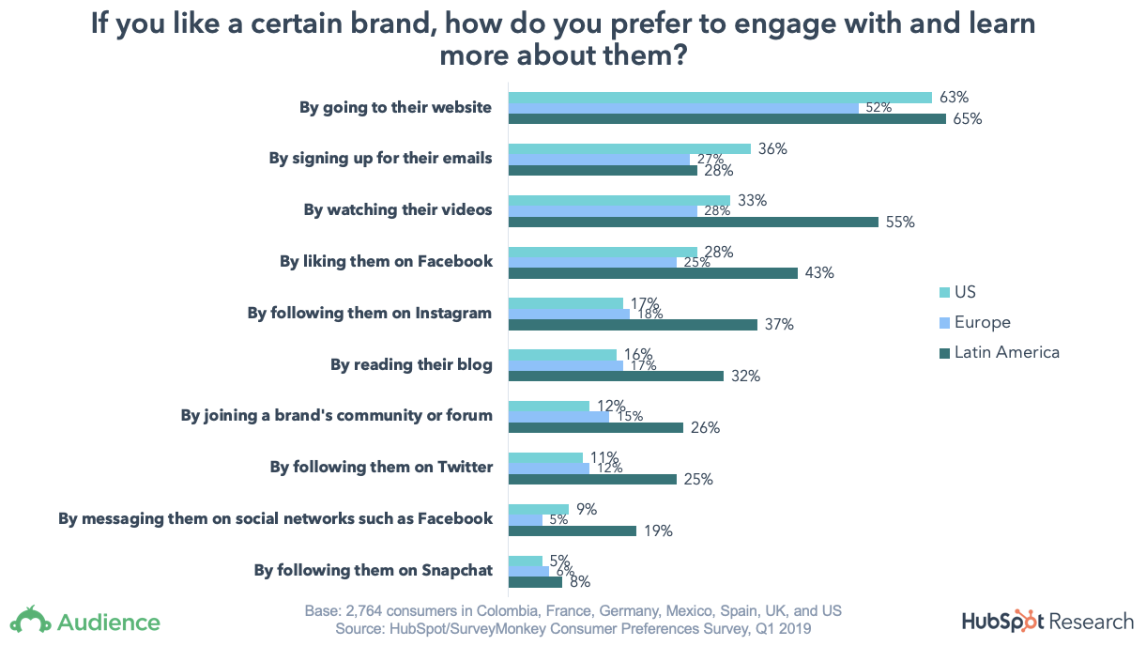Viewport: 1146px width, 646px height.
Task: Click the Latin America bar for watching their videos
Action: [x=694, y=223]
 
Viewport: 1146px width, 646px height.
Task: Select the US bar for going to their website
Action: [x=720, y=98]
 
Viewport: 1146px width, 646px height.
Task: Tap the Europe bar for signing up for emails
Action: [x=599, y=160]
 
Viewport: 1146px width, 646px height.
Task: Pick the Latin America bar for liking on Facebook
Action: [x=653, y=273]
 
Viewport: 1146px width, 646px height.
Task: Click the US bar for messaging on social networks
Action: [x=539, y=509]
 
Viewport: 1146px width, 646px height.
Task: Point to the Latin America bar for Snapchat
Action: [x=535, y=582]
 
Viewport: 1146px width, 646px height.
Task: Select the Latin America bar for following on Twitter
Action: [x=592, y=479]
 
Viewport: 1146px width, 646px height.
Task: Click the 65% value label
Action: [x=968, y=119]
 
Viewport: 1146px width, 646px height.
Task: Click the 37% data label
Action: [x=780, y=325]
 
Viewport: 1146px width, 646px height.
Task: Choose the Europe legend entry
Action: [x=982, y=322]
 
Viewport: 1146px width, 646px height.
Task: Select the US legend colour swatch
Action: [x=944, y=292]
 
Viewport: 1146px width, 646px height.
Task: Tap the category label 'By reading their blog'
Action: [x=411, y=364]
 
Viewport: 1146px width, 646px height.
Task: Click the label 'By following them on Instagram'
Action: [x=370, y=313]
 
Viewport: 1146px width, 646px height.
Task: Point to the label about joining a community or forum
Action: [x=337, y=415]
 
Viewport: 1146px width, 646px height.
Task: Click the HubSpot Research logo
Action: [x=1047, y=621]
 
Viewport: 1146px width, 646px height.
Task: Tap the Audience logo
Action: [x=85, y=621]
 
